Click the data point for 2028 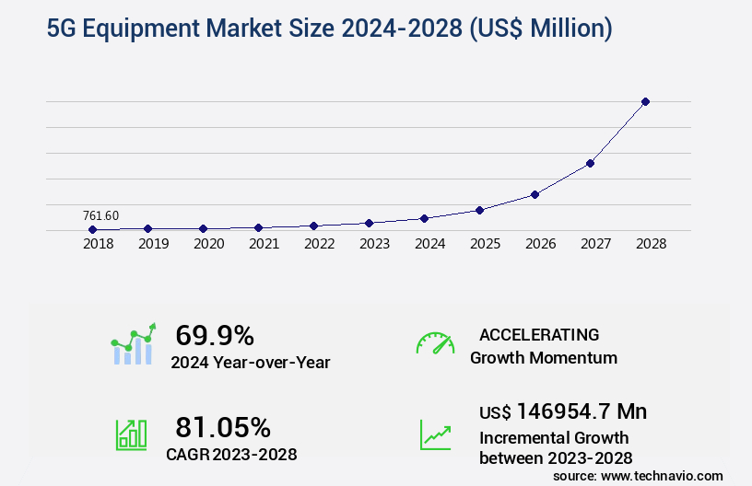click(645, 101)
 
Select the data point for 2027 click(590, 163)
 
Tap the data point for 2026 click(535, 194)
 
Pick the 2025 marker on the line click(479, 210)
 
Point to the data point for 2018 click(92, 229)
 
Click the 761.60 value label click(100, 215)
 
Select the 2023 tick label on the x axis click(375, 244)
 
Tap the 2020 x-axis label click(209, 244)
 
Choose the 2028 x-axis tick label click(652, 244)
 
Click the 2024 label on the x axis click(430, 244)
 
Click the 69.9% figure click(215, 335)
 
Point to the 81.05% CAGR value click(223, 427)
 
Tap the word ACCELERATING click(539, 335)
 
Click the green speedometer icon click(435, 343)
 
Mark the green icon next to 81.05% click(131, 434)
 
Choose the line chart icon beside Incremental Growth click(435, 434)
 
